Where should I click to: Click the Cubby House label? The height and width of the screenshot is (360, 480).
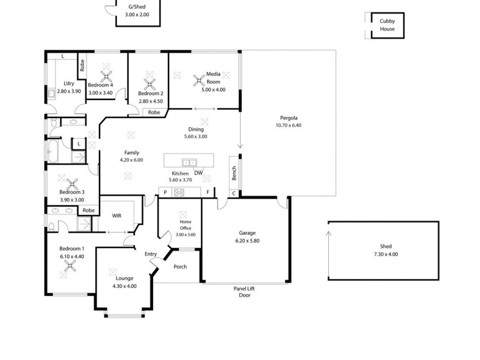click(x=387, y=25)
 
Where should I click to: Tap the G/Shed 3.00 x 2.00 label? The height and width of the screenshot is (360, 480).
click(x=137, y=10)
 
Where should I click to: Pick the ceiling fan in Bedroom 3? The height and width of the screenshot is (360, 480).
click(x=72, y=184)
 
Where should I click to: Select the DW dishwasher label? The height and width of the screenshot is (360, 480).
click(x=198, y=173)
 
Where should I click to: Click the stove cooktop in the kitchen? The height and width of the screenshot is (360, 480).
click(x=179, y=192)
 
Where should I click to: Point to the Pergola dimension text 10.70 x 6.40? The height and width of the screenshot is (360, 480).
click(x=288, y=125)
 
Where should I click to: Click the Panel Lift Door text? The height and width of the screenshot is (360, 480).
click(x=244, y=292)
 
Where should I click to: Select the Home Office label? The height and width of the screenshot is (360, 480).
click(x=185, y=224)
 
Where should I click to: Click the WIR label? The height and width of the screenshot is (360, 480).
click(x=117, y=215)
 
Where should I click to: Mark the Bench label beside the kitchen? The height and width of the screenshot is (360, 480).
click(x=233, y=173)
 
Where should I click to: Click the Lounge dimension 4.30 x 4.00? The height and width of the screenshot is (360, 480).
click(x=125, y=286)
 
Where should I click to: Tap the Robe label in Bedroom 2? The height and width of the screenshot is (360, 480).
click(x=154, y=112)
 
